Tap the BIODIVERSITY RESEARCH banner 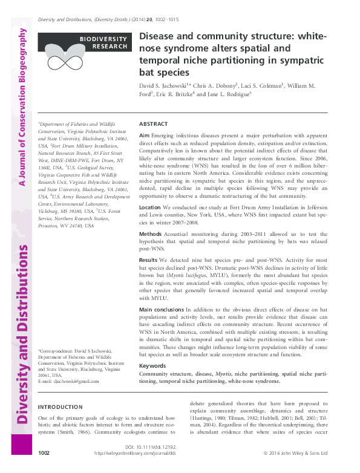pyautogui.click(x=103, y=42)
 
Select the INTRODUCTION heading pyautogui.click(x=60, y=407)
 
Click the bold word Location pyautogui.click(x=150, y=207)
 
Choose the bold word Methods pyautogui.click(x=151, y=233)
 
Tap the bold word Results pyautogui.click(x=149, y=259)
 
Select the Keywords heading pyautogui.click(x=152, y=366)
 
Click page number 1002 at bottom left pyautogui.click(x=44, y=452)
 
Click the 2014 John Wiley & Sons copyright pyautogui.click(x=295, y=452)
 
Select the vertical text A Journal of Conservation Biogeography pyautogui.click(x=22, y=106)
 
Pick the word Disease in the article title pyautogui.click(x=157, y=36)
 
